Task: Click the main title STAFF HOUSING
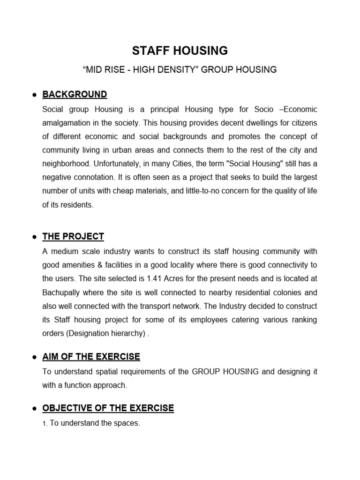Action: pyautogui.click(x=180, y=50)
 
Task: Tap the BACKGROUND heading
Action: pyautogui.click(x=75, y=94)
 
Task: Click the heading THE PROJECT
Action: pyautogui.click(x=73, y=236)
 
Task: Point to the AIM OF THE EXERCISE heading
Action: pyautogui.click(x=91, y=357)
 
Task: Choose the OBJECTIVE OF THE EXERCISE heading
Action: pyautogui.click(x=108, y=408)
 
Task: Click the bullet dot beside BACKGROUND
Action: pyautogui.click(x=34, y=95)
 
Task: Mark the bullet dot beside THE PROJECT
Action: pyautogui.click(x=34, y=237)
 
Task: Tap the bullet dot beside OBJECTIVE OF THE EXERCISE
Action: pyautogui.click(x=34, y=409)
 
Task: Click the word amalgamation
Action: pyautogui.click(x=65, y=122)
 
